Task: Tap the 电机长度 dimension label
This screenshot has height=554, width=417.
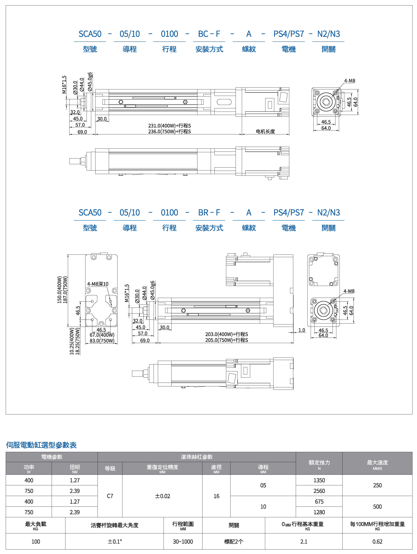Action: click(265, 131)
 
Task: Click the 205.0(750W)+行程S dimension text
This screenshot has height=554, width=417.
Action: click(226, 340)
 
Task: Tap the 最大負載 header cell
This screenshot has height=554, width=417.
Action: click(36, 524)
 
